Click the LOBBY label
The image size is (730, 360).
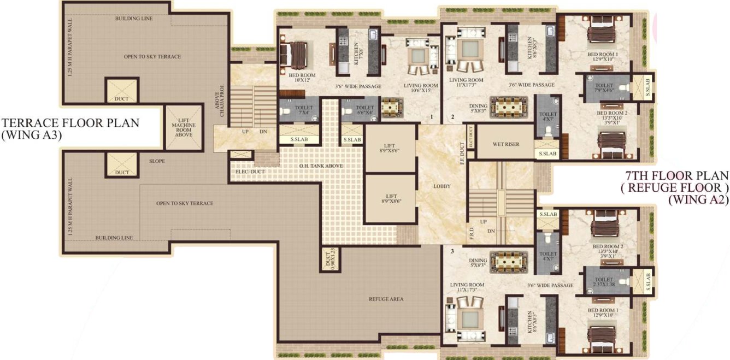point(441,186)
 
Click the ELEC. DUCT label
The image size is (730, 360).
point(250,171)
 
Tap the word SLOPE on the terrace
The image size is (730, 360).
point(157,161)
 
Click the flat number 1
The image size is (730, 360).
point(431,117)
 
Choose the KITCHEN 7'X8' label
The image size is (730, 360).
point(356,54)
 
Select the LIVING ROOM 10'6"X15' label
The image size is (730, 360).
point(421,88)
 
